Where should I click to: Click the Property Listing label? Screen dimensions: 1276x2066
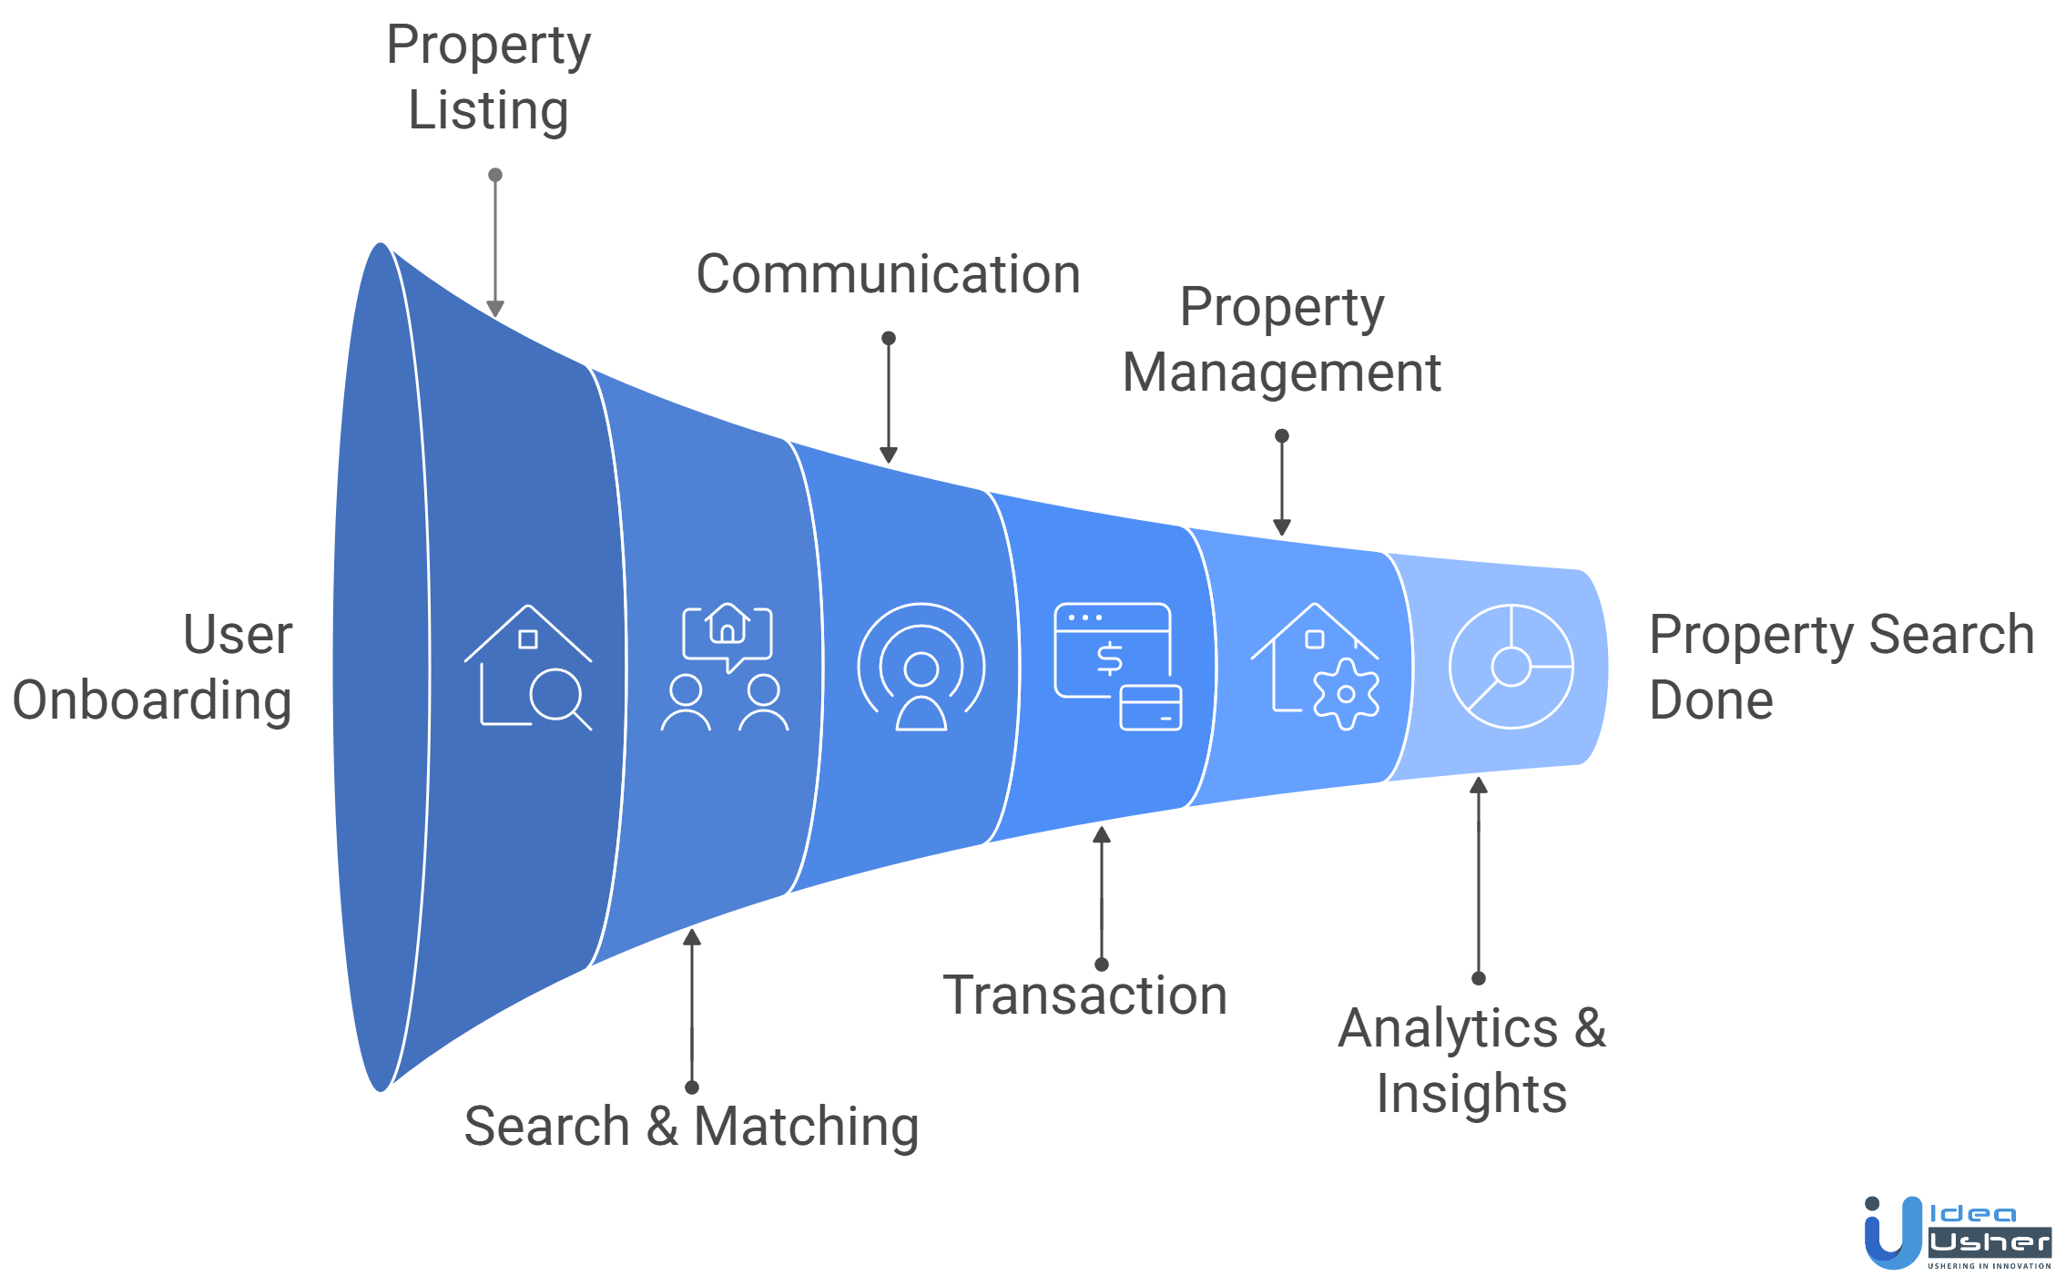488,77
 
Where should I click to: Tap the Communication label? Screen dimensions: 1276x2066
888,274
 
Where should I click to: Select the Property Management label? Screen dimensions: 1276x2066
1281,340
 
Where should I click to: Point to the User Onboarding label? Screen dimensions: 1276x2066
153,667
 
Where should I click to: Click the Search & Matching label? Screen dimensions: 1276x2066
691,1126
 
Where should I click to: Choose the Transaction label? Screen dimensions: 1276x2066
1084,995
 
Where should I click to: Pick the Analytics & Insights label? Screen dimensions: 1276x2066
1471,1060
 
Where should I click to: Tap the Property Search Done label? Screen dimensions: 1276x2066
1841,667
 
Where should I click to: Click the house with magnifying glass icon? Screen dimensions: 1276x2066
528,667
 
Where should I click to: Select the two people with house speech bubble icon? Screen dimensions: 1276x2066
725,667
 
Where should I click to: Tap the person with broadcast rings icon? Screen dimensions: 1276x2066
921,667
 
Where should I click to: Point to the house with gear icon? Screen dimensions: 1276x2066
1316,667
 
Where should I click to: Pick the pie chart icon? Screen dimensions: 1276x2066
1511,667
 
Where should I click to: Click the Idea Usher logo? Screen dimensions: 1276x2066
1958,1233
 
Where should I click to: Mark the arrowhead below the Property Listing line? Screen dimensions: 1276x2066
495,310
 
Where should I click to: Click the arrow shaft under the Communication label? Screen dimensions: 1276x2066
889,396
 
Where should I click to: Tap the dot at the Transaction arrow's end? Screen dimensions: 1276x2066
1102,965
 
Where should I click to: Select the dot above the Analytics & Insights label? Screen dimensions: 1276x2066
1479,978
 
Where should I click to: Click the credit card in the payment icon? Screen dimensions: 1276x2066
1151,709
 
